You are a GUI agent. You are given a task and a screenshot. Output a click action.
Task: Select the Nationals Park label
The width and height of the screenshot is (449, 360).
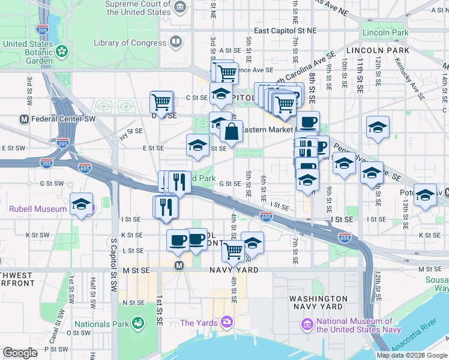click(x=100, y=324)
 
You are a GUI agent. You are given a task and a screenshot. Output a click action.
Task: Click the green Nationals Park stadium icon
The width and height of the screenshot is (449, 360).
click(x=138, y=323)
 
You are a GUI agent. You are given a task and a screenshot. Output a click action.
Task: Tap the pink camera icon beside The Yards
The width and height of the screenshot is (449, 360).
click(x=226, y=323)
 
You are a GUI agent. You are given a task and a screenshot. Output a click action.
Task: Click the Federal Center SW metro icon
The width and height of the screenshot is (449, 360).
click(x=24, y=119)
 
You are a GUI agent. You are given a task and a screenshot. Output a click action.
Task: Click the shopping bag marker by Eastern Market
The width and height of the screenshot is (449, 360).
click(x=231, y=131)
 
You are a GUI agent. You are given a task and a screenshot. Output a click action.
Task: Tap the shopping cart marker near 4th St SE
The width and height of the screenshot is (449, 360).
click(x=233, y=250)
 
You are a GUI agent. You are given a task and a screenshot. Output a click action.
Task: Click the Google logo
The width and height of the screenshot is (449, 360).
click(x=20, y=353)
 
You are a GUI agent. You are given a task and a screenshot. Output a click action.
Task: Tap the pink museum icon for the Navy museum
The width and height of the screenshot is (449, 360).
click(x=307, y=325)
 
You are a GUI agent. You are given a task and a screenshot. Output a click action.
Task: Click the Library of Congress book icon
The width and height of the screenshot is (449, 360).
click(x=176, y=41)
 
